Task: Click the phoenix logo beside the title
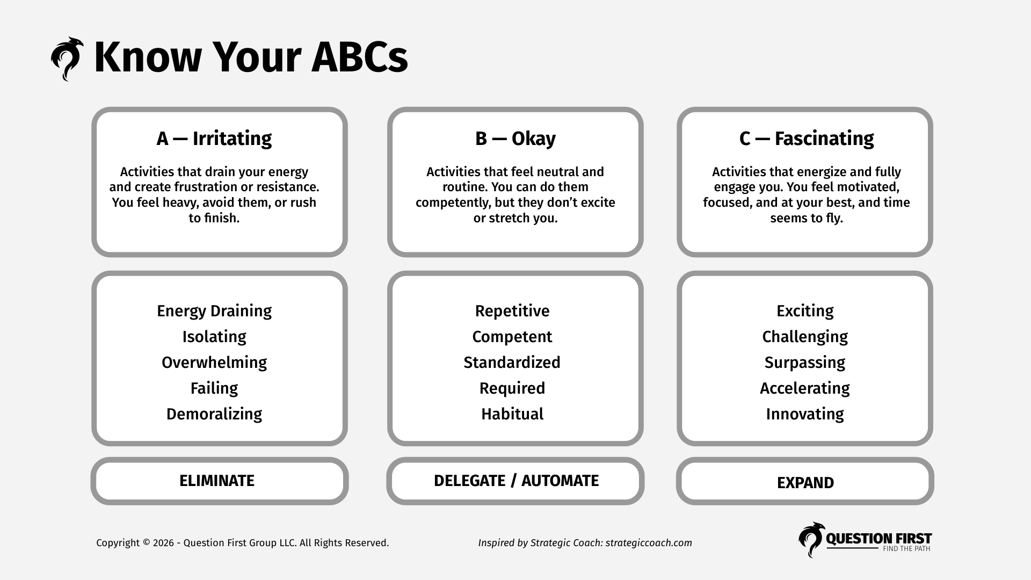[x=67, y=59]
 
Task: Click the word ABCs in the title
[x=359, y=57]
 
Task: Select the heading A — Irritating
[x=214, y=139]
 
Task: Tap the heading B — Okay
[x=515, y=139]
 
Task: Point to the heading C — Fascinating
[x=806, y=139]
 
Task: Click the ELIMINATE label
[x=216, y=481]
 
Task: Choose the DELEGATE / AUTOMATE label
[x=515, y=481]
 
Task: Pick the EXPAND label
[x=805, y=483]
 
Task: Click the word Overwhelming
[x=214, y=363]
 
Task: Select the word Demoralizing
[x=214, y=414]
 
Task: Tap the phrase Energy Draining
[x=214, y=311]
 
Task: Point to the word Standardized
[x=512, y=363]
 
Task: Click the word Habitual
[x=512, y=414]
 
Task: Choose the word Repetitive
[x=512, y=311]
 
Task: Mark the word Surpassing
[x=804, y=363]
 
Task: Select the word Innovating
[x=804, y=414]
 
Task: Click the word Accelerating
[x=804, y=388]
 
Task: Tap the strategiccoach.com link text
[x=648, y=543]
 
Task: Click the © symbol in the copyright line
[x=146, y=543]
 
